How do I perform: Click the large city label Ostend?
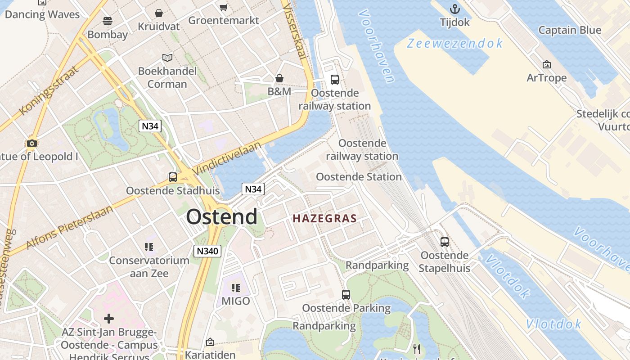point(222,217)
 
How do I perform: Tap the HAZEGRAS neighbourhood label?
point(324,219)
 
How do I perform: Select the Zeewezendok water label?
point(455,43)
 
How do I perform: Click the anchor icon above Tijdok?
point(455,9)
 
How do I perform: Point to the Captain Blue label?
point(570,30)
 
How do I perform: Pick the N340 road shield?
point(207,251)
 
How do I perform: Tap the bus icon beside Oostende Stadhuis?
point(173,177)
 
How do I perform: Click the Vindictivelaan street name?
point(227,158)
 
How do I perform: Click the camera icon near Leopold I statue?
point(31,144)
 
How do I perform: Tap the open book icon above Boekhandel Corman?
point(167,58)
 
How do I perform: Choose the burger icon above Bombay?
point(107,21)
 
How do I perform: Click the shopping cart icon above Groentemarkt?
point(223,7)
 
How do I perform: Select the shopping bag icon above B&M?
point(279,78)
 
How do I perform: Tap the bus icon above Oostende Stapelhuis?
point(445,242)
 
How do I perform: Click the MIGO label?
point(235,301)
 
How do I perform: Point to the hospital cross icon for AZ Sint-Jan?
point(109,319)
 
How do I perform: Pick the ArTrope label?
point(547,78)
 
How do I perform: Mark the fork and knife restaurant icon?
point(417,349)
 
